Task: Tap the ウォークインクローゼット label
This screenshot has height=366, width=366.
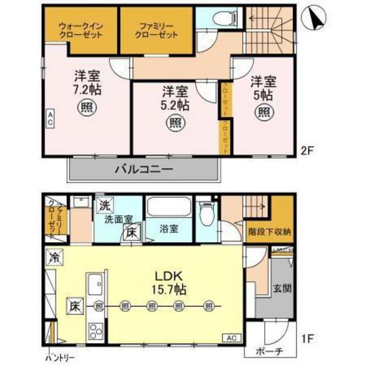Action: point(80,30)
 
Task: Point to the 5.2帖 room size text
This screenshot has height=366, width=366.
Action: point(175,103)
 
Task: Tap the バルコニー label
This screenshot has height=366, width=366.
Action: point(143,170)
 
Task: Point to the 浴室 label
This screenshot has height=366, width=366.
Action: point(170,229)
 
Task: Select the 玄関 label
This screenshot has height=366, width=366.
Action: point(282,289)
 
